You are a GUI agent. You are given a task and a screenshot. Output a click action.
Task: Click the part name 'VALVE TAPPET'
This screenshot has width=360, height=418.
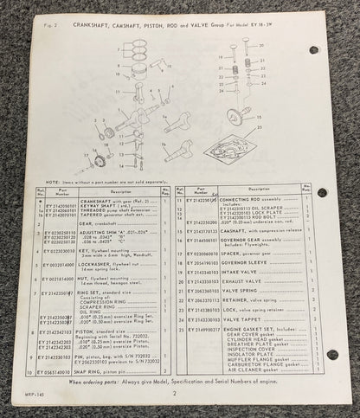pyautogui.click(x=243, y=319)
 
